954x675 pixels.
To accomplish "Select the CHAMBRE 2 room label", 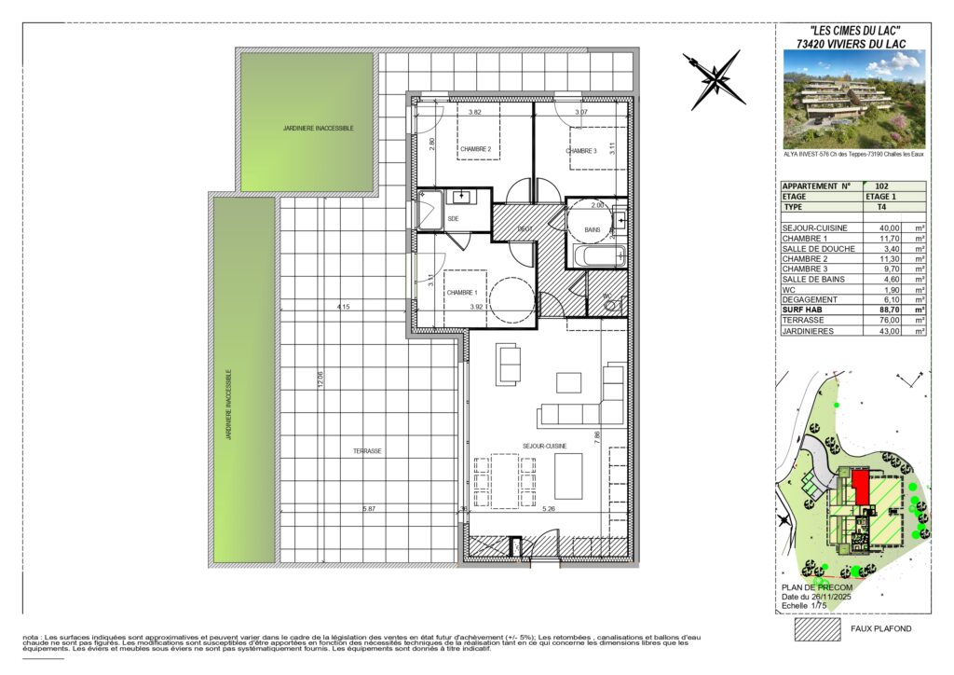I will click(475, 149).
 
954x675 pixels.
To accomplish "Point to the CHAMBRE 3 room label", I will click(581, 151).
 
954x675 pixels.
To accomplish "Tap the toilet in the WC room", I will click(610, 303).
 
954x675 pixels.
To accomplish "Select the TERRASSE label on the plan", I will click(367, 450).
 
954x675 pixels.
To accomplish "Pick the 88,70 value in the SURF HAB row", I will click(868, 309).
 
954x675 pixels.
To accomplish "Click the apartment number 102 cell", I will click(869, 186).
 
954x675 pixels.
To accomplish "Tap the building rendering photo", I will click(854, 100).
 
